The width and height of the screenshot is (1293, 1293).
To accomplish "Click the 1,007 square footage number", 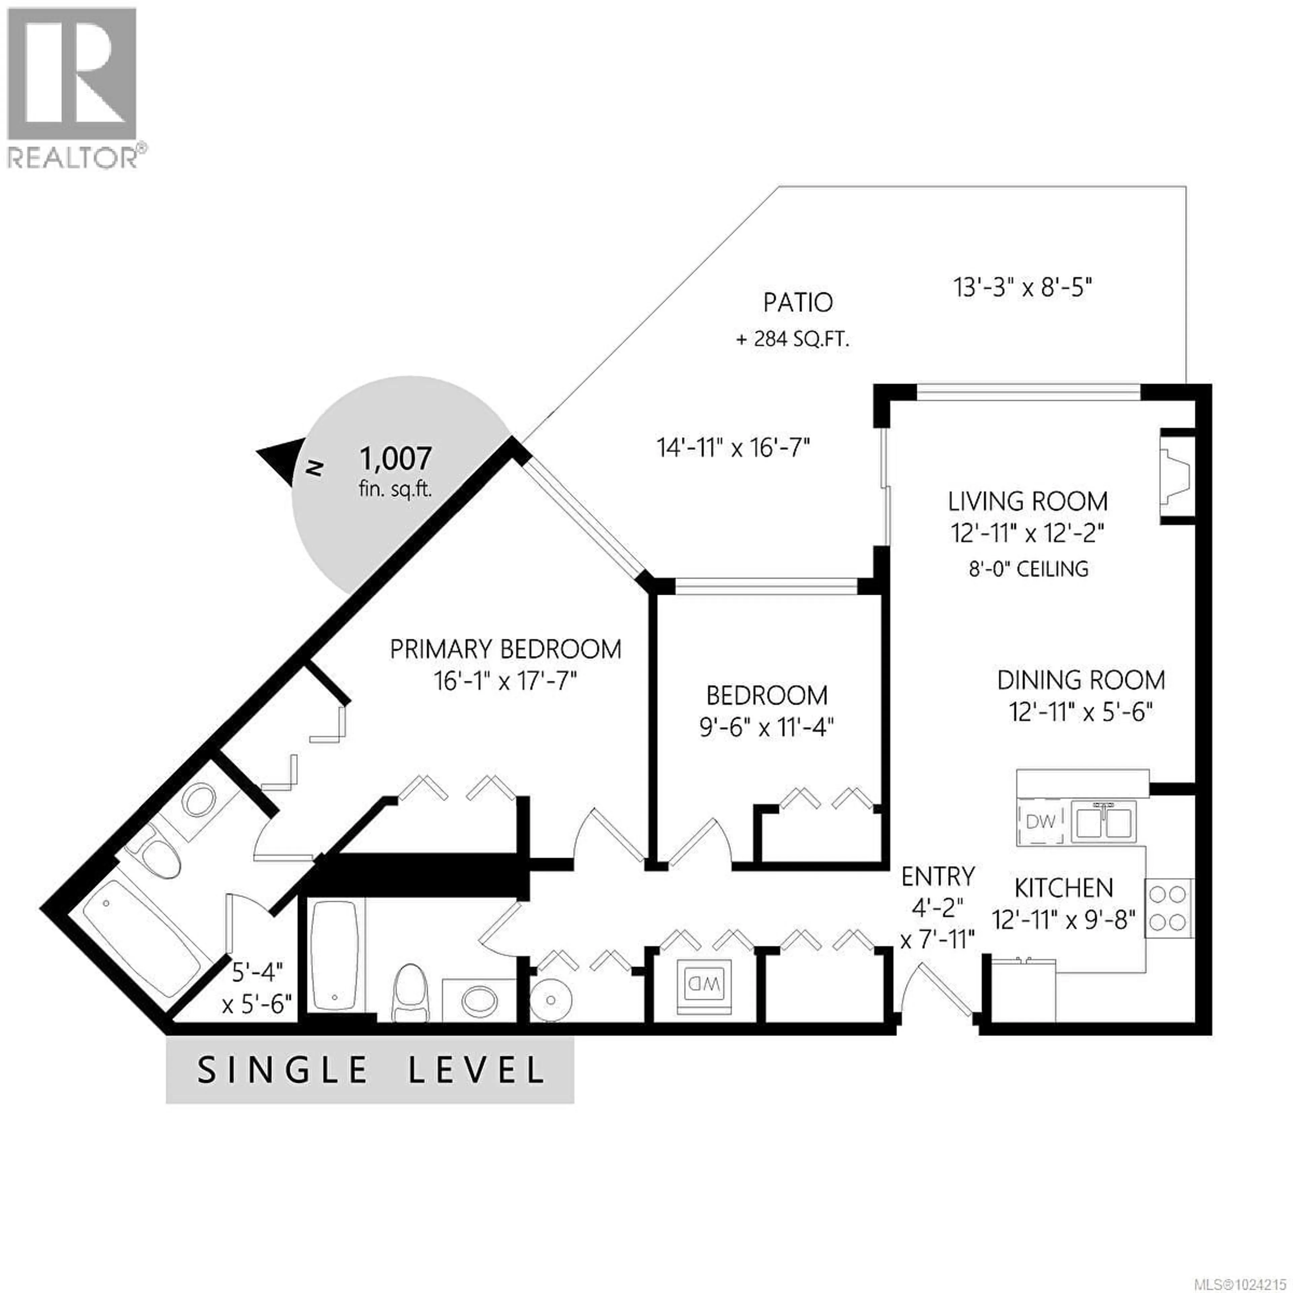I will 396,459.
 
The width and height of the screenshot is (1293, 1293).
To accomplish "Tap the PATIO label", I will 798,302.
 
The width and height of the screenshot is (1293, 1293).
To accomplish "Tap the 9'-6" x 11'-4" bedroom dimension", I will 766,727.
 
